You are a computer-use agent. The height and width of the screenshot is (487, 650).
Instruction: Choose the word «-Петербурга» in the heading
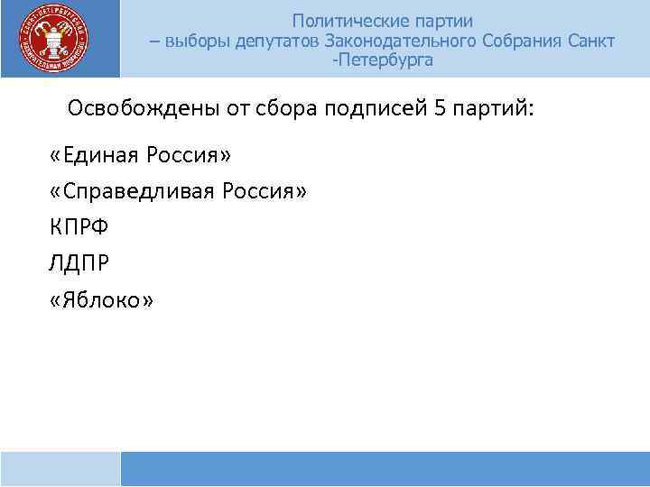point(383,61)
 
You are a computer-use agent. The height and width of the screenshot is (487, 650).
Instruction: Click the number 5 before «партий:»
point(440,110)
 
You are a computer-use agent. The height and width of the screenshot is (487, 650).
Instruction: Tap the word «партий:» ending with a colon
point(493,110)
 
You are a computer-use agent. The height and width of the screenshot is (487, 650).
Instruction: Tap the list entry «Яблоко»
point(103,299)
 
